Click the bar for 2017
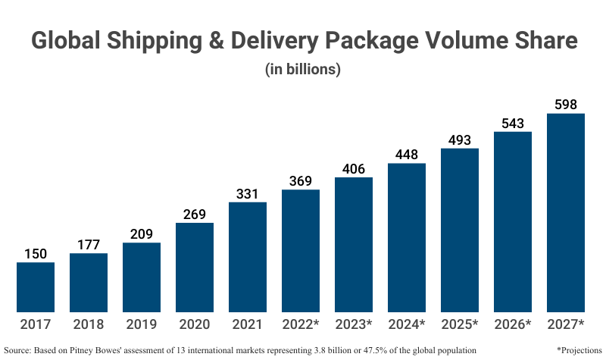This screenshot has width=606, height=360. [36, 287]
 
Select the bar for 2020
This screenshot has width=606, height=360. [195, 268]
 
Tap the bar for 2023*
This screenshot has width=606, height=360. [354, 245]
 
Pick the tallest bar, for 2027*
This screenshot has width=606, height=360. [566, 213]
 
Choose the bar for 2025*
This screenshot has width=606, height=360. [460, 230]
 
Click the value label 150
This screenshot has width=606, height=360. [36, 252]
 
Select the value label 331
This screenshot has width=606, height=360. [248, 193]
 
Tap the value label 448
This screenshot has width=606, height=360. [407, 154]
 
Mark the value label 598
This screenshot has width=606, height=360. [566, 104]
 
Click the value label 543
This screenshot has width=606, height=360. [513, 122]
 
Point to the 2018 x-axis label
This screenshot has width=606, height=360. [89, 324]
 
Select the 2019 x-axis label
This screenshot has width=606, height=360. [142, 324]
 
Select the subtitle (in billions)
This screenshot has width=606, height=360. [303, 69]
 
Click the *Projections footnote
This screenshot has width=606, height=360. [579, 350]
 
